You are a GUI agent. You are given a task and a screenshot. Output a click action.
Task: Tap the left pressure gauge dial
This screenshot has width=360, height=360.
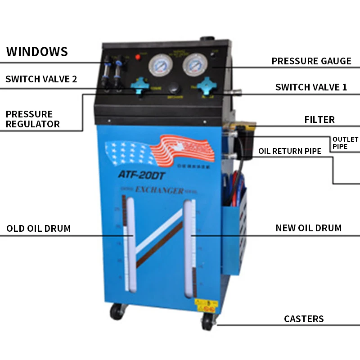(x=159, y=66)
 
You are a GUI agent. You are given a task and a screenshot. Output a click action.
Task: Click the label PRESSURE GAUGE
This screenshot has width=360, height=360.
(x=311, y=61)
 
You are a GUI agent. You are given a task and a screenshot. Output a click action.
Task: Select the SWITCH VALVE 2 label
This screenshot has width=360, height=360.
(x=41, y=79)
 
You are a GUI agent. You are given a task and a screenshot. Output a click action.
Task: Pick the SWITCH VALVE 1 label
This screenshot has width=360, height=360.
(x=311, y=87)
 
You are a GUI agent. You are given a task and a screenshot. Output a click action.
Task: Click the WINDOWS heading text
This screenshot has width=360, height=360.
(x=37, y=51)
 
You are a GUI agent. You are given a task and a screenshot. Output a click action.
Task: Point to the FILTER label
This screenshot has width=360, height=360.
(x=319, y=120)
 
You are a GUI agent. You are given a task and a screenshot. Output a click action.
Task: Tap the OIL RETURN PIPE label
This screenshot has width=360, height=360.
(x=290, y=151)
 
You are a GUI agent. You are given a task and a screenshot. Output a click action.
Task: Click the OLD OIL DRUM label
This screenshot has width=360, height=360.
(x=39, y=229)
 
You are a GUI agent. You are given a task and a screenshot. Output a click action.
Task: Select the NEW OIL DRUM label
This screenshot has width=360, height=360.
(x=309, y=228)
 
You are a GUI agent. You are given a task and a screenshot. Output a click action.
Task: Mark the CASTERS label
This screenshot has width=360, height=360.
(x=304, y=319)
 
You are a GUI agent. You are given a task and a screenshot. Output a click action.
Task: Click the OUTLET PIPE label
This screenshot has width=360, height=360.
(x=345, y=143)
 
